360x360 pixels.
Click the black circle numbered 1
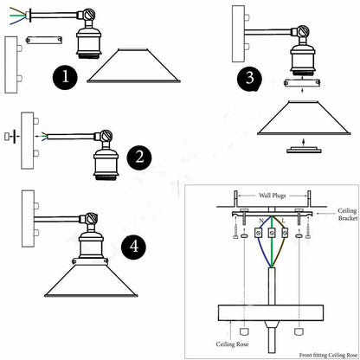(65, 77)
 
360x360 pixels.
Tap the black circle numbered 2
(139, 157)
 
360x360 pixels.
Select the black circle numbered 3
(249, 79)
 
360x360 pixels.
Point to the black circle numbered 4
(133, 247)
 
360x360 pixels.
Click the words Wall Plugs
(272, 196)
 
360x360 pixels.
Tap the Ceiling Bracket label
(348, 215)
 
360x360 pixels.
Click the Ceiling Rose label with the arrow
(232, 344)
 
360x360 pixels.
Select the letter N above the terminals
(261, 222)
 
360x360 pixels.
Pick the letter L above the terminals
(283, 221)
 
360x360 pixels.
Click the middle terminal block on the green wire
(271, 233)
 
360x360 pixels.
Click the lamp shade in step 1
(133, 66)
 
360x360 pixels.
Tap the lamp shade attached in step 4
(91, 280)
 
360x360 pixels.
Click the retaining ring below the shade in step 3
(304, 150)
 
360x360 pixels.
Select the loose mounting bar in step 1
(44, 40)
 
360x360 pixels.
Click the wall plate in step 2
(28, 140)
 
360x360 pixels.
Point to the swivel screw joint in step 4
(90, 218)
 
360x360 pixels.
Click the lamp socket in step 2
(106, 164)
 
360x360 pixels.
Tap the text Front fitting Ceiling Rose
(328, 355)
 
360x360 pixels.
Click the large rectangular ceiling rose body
(271, 313)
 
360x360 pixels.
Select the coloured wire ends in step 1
(18, 16)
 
